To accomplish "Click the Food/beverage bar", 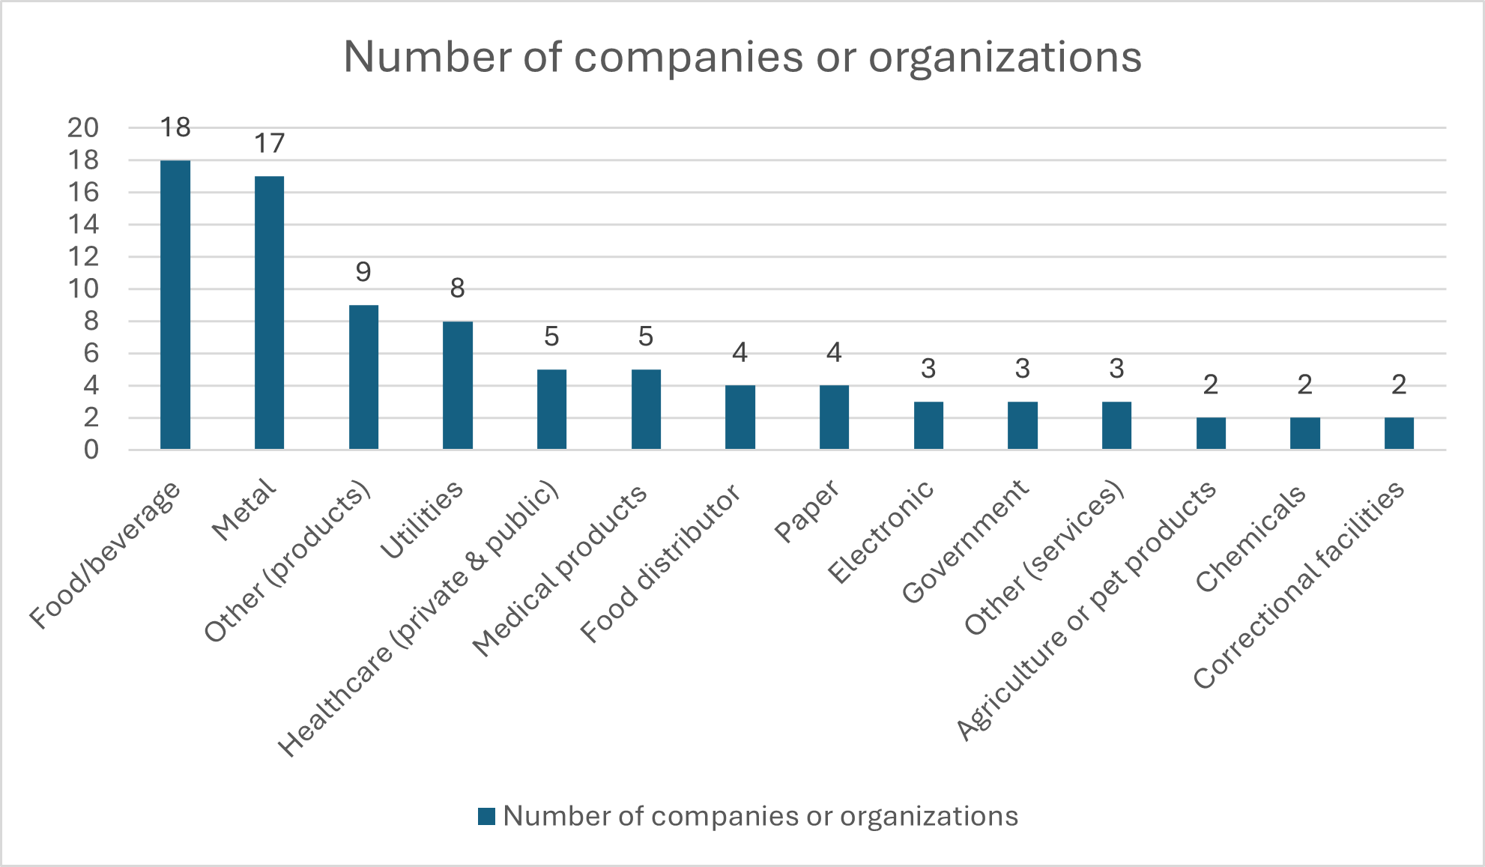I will (x=175, y=305).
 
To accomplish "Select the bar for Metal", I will (x=269, y=312).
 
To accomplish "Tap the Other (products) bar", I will (x=363, y=377).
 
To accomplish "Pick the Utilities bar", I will (x=457, y=385).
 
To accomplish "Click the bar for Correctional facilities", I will (x=1398, y=433).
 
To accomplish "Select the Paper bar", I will (x=834, y=417).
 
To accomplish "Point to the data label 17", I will (x=269, y=143).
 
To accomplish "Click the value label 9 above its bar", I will (x=363, y=271).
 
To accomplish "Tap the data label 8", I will (x=457, y=288).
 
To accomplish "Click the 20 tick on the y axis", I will (x=82, y=128).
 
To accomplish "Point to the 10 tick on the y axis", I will (x=82, y=289).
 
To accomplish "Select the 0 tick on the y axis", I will (x=91, y=450).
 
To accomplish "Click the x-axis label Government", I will (x=965, y=541).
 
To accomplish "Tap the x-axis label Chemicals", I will (x=1250, y=538).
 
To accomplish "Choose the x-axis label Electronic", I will (x=881, y=531).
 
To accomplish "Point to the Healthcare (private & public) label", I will (x=419, y=618).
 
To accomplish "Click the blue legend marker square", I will (x=487, y=816).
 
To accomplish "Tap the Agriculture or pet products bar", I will (x=1211, y=433).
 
